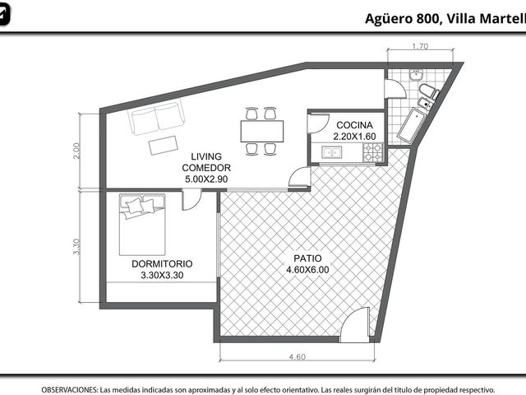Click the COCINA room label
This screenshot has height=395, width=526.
(354, 125)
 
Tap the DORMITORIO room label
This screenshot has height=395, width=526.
(162, 264)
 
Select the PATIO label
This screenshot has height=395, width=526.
(307, 258)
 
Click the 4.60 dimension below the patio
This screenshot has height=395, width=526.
(298, 356)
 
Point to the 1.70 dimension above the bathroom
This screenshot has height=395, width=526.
(420, 46)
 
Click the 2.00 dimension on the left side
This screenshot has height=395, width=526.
(76, 151)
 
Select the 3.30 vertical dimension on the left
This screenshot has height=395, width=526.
(76, 247)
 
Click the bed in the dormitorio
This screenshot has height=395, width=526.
(142, 225)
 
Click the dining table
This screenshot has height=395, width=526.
(262, 131)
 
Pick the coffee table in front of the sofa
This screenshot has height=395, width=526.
(164, 145)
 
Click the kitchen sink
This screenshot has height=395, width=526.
(331, 152)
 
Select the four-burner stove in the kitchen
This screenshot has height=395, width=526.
(373, 152)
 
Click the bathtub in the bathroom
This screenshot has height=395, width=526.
(412, 126)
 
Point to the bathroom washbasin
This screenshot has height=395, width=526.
(416, 75)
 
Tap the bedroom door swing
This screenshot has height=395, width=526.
(191, 201)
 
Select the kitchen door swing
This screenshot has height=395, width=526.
(318, 124)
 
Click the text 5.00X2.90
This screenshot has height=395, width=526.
(206, 179)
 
